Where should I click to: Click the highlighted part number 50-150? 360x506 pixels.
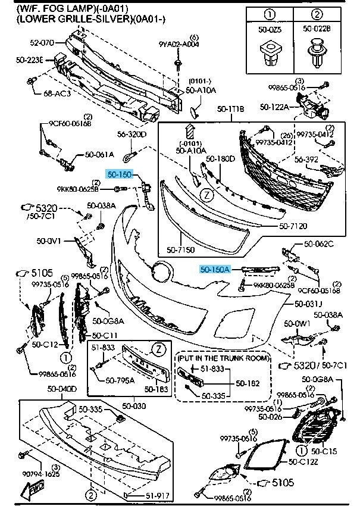point(118,174)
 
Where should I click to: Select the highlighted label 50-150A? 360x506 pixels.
point(214,269)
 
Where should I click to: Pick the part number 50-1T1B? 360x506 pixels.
point(231,110)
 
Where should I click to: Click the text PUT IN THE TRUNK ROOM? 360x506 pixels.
point(223,358)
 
